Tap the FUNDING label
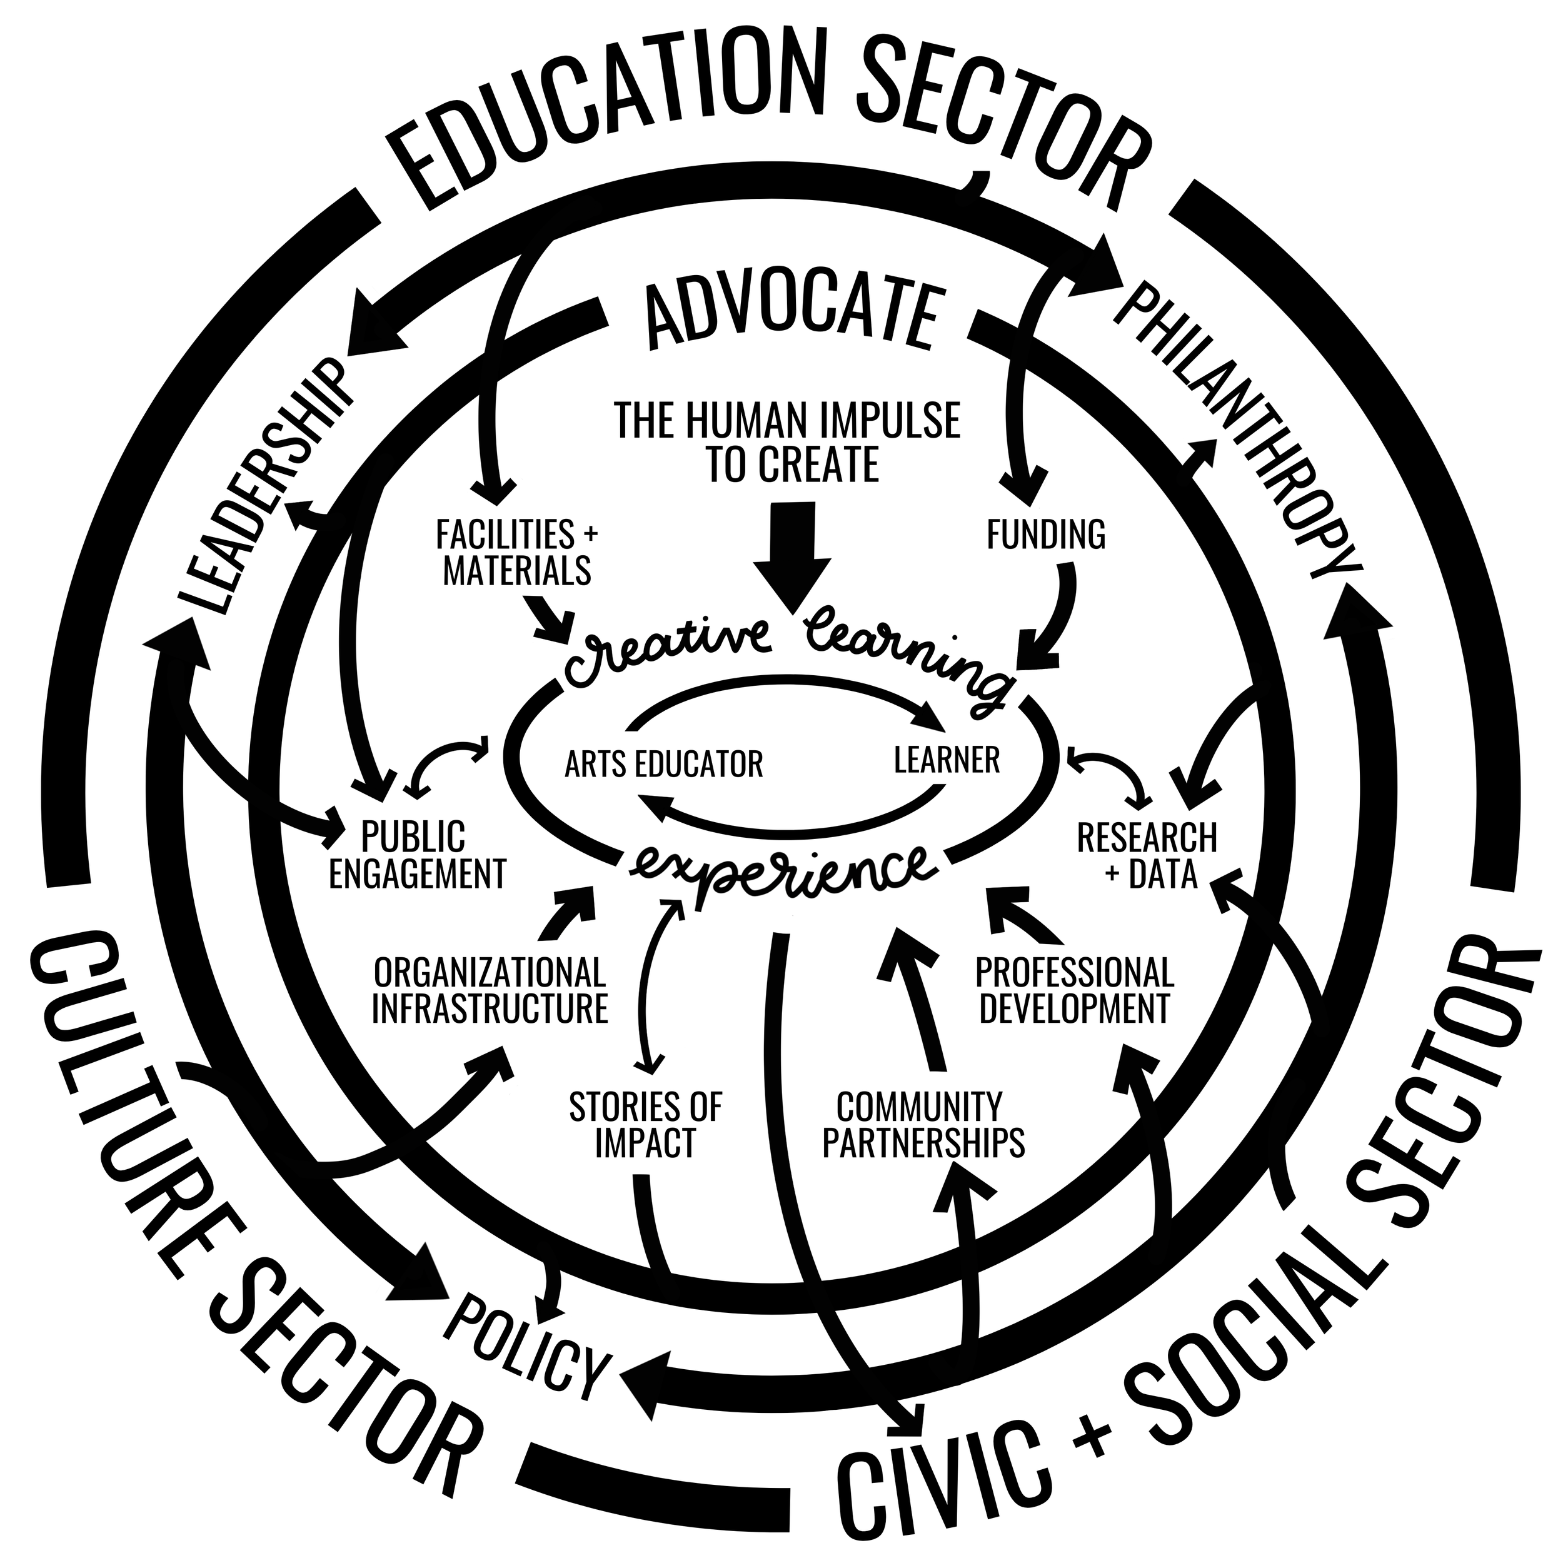[1045, 535]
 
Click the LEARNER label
[947, 760]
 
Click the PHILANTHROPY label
[1238, 429]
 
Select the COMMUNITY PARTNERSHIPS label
[923, 1125]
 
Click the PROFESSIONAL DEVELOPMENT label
[1074, 990]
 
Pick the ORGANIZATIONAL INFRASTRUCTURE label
[490, 990]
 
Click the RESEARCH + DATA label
[1147, 855]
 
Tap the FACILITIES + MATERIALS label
[517, 553]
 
